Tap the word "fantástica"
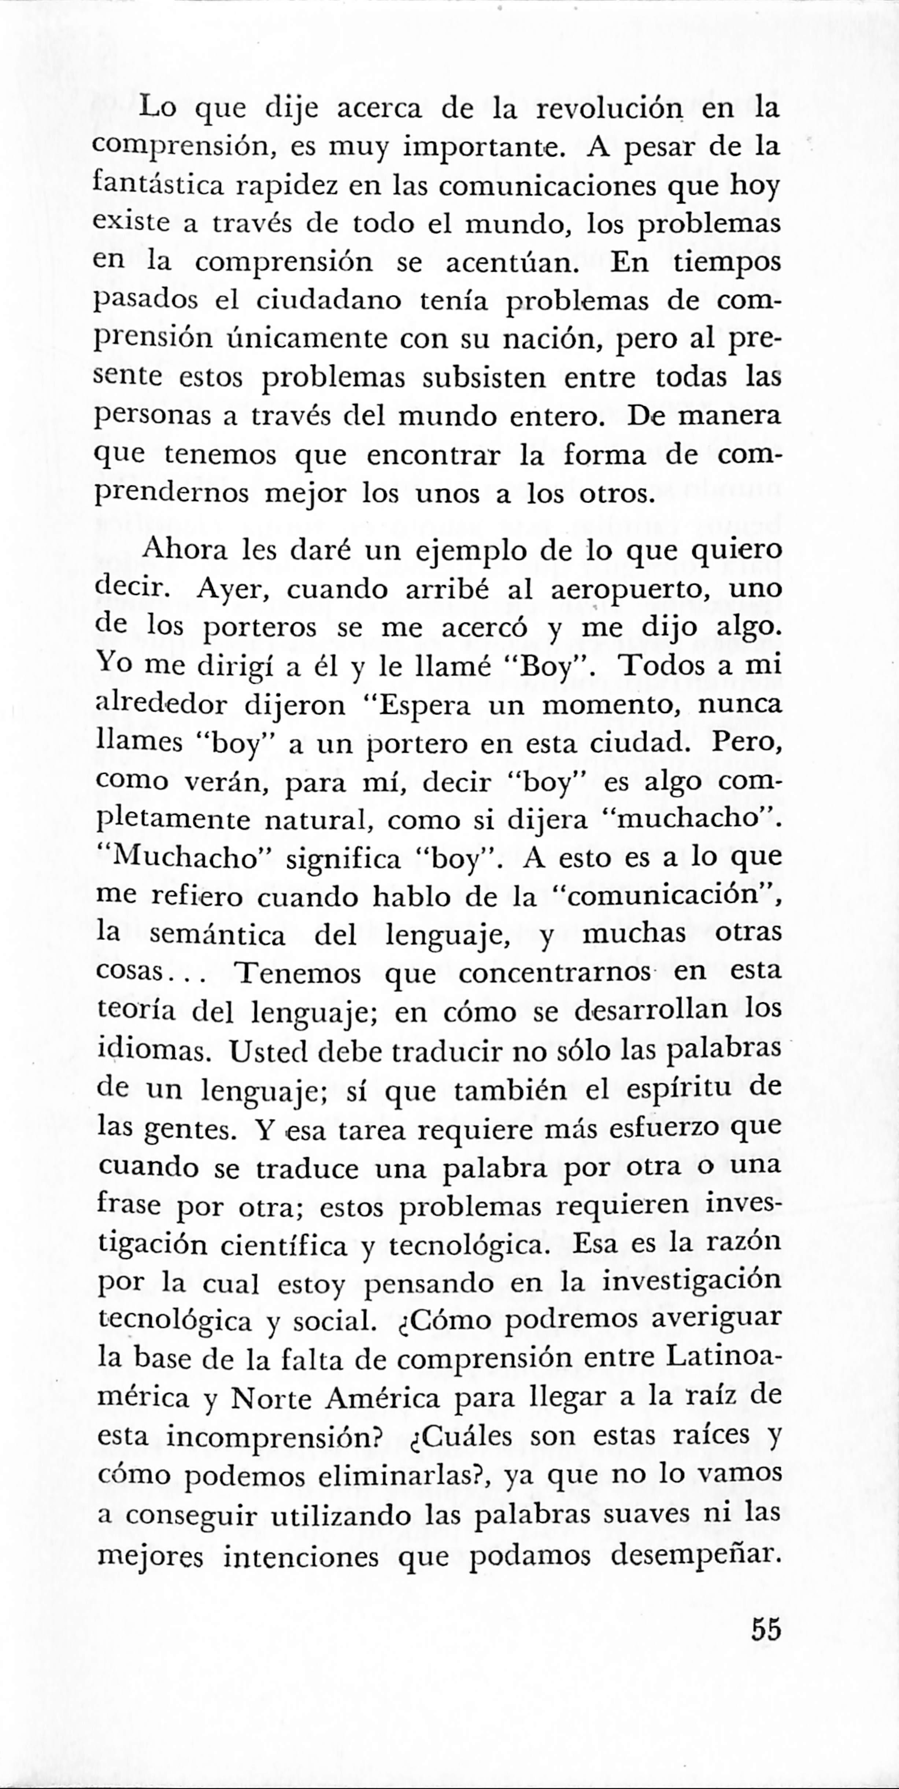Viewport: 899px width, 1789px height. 158,186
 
